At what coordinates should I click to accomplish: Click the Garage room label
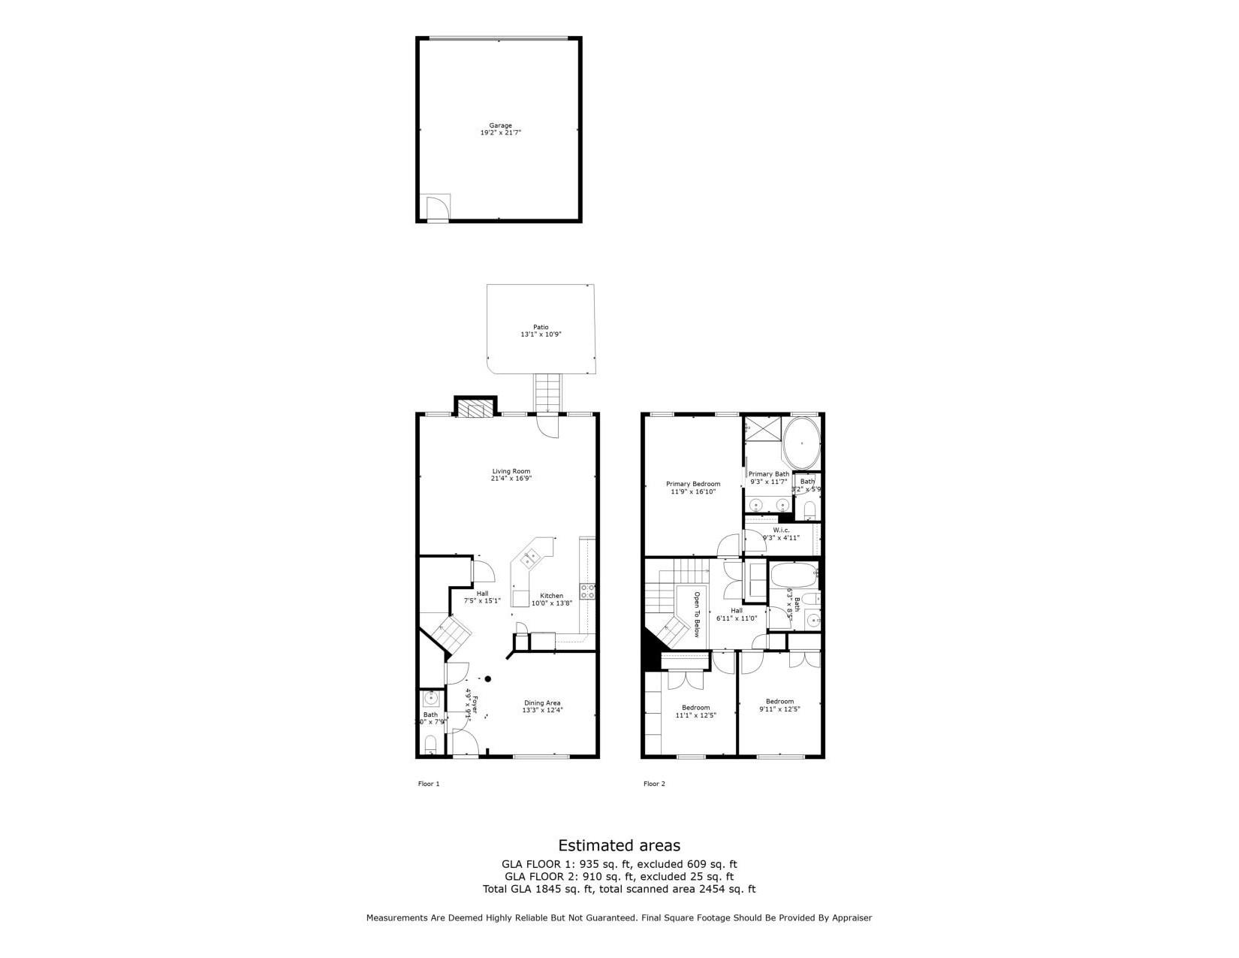[500, 125]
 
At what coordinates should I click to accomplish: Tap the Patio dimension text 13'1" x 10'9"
[541, 334]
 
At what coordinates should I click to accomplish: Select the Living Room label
[511, 471]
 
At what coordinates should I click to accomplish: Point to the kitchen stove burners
[587, 591]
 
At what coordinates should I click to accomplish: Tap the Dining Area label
[542, 703]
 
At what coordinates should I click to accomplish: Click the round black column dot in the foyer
[487, 679]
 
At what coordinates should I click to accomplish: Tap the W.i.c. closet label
[781, 530]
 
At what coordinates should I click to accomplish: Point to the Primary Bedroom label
[692, 484]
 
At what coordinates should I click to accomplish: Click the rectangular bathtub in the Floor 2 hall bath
[793, 576]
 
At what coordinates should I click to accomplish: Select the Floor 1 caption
[428, 784]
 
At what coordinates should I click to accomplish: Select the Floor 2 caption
[654, 784]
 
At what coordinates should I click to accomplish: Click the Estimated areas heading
[619, 845]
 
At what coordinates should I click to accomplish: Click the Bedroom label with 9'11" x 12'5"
[779, 701]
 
